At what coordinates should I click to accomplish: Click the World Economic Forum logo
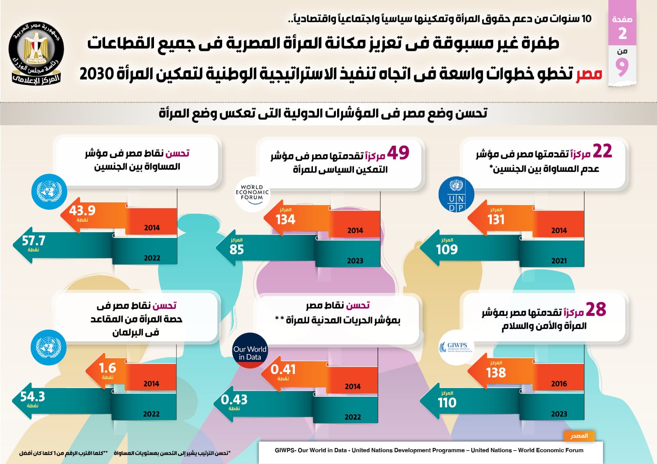tap(252, 193)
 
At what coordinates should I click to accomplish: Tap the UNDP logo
tap(456, 195)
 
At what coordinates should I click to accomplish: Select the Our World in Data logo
tap(250, 350)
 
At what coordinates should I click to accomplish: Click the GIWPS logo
tap(456, 347)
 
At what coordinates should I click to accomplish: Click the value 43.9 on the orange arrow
tap(82, 210)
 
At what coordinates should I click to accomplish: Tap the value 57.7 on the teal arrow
tap(33, 240)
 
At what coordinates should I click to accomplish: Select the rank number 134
tap(285, 219)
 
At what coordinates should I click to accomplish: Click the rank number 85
tap(237, 249)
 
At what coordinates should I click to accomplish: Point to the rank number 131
tap(496, 219)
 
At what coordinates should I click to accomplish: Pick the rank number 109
tap(447, 249)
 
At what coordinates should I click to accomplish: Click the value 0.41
tap(283, 369)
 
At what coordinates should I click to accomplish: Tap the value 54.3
tap(32, 397)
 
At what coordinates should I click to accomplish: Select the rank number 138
tap(496, 373)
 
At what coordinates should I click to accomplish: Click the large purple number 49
tap(398, 153)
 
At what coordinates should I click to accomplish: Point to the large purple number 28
tap(596, 310)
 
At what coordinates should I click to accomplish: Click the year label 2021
tap(559, 261)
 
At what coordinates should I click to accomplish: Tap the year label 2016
tap(559, 384)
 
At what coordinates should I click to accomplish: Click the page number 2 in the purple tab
tap(623, 34)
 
